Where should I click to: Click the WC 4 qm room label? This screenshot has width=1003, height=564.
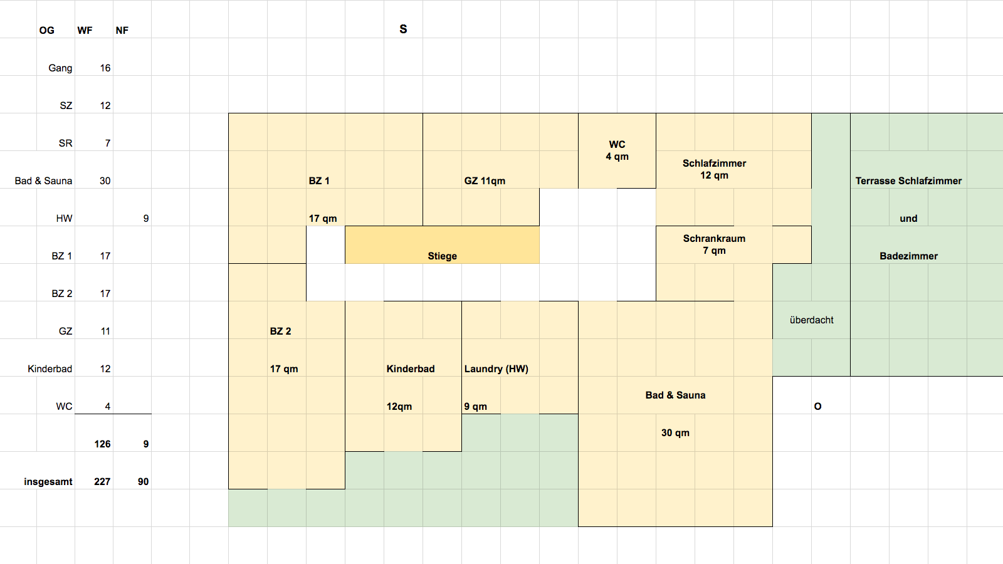[617, 150]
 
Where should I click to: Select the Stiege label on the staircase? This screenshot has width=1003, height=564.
[442, 256]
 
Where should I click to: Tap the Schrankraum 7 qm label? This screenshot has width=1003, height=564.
[714, 244]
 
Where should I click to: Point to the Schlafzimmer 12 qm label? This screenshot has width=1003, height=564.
[714, 169]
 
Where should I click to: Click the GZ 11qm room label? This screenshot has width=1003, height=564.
[485, 181]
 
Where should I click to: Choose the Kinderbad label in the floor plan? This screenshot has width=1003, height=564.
[411, 369]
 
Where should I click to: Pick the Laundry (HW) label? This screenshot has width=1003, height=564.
[496, 369]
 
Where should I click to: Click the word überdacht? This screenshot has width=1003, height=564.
[811, 320]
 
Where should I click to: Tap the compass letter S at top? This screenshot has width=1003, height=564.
[403, 29]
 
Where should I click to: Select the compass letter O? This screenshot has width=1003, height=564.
[817, 407]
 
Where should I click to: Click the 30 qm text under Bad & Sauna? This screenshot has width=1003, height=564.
[675, 433]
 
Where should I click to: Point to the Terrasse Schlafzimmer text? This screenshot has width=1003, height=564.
[908, 181]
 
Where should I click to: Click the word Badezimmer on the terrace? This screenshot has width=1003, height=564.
[908, 256]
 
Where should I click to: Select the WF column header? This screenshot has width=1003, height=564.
[85, 31]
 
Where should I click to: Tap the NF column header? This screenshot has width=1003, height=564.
[122, 31]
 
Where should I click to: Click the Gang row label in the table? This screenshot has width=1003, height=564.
[60, 68]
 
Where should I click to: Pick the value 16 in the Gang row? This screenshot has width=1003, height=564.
[105, 68]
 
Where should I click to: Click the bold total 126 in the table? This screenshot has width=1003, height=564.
[102, 444]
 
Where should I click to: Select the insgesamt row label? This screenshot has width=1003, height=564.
[48, 482]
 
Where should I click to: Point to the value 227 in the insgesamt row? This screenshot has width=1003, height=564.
[102, 482]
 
